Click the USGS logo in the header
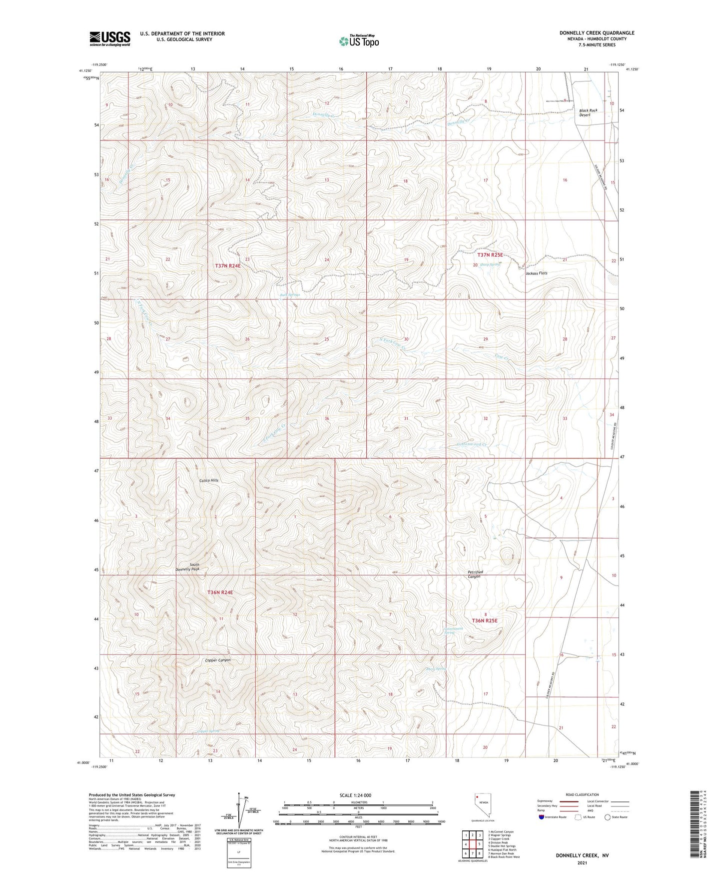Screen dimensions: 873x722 [110, 38]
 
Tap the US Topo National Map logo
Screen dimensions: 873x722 [358, 41]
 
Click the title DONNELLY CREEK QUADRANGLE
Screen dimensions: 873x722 [597, 33]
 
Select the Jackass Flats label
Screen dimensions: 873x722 [536, 273]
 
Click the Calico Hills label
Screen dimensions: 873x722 [209, 480]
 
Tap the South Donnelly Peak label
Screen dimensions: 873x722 [187, 567]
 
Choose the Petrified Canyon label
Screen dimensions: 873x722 [474, 574]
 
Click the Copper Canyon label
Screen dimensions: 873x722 [218, 660]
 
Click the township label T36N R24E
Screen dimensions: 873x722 [220, 592]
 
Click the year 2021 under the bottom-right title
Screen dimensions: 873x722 [582, 862]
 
